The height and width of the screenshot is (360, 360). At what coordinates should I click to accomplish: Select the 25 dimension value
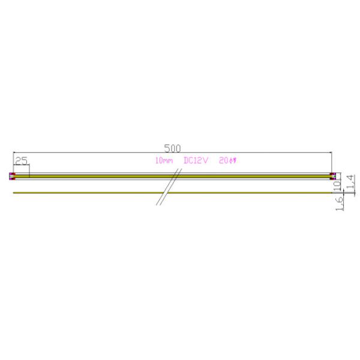point(21,161)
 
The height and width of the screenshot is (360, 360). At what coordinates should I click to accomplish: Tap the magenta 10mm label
point(164,161)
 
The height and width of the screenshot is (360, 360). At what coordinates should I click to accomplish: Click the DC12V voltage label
point(196,161)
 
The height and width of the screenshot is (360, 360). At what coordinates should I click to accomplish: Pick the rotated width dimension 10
point(337,182)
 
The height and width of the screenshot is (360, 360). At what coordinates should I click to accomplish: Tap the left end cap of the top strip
point(12,176)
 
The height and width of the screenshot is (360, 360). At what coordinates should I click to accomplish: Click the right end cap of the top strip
point(334,176)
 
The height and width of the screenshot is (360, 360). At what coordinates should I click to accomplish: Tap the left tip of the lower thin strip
point(13,193)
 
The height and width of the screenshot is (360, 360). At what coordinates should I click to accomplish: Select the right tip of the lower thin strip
point(333,193)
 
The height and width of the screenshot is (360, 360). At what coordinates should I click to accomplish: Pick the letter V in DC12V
point(205,161)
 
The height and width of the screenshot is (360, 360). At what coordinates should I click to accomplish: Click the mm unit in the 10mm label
point(167,161)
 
